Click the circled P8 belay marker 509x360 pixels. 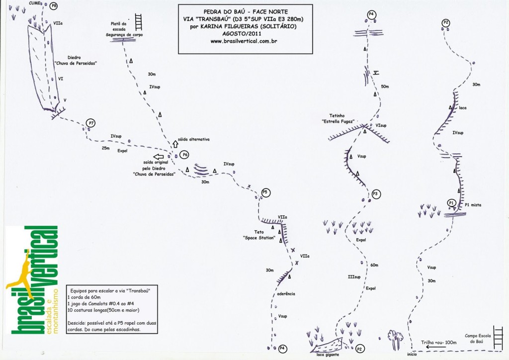[x=54, y=5]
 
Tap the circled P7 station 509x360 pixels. [x=90, y=123]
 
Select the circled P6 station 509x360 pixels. [x=185, y=155]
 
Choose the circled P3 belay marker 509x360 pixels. [x=376, y=194]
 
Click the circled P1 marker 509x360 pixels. [x=451, y=203]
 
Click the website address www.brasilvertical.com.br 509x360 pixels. [x=244, y=41]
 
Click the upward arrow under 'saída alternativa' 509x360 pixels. [x=175, y=145]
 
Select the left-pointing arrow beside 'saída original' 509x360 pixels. [x=159, y=157]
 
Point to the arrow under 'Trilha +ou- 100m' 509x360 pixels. [x=435, y=348]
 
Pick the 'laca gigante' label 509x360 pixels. [x=326, y=355]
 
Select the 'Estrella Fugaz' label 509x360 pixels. [x=338, y=121]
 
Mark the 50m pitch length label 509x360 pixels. [x=384, y=87]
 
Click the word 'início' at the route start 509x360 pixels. [x=412, y=354]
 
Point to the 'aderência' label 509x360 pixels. [x=286, y=294]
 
